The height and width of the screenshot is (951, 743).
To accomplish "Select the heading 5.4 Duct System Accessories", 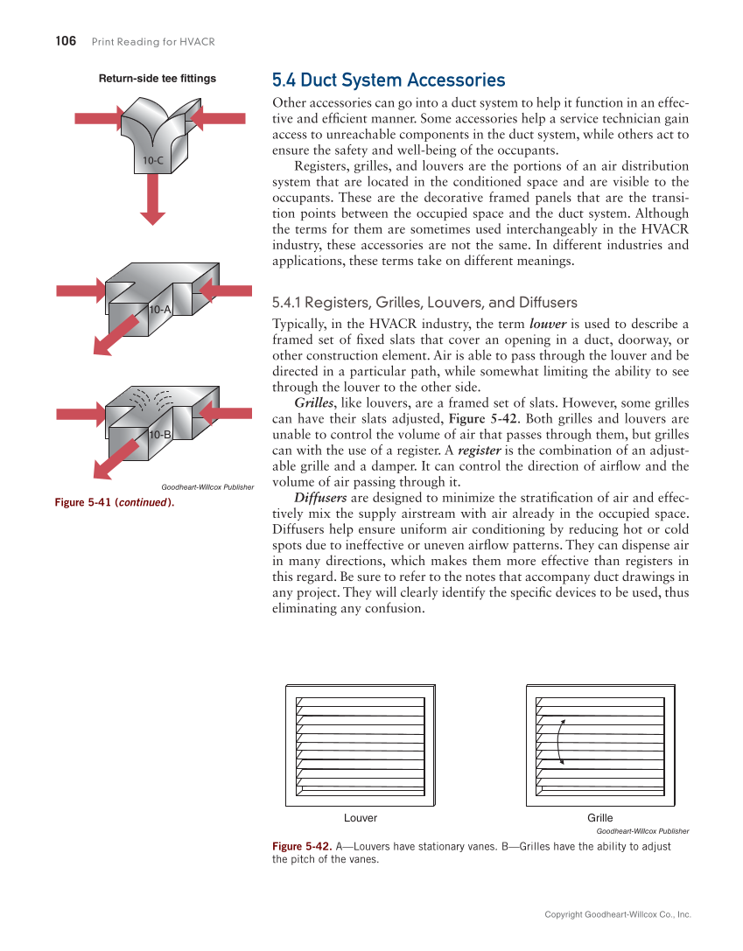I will (389, 80).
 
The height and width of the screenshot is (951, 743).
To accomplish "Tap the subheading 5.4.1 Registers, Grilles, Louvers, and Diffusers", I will (424, 303).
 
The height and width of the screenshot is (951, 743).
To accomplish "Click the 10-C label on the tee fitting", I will (152, 160).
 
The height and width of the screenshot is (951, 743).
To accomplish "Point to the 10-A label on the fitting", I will (159, 310).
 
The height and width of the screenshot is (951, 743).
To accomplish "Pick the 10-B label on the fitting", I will (159, 434).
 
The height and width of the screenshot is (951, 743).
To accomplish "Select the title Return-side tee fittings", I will (158, 79).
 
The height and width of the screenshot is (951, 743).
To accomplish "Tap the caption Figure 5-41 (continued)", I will (114, 502).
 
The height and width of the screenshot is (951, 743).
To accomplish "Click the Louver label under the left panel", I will (361, 818).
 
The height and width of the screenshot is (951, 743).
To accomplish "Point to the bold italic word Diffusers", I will (320, 498).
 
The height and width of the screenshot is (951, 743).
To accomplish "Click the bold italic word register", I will (479, 451).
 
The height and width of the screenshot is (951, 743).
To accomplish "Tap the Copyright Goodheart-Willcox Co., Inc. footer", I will (618, 914).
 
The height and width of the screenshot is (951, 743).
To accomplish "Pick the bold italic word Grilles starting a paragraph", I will (315, 403).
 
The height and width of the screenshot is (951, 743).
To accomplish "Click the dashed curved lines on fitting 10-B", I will (151, 401).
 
